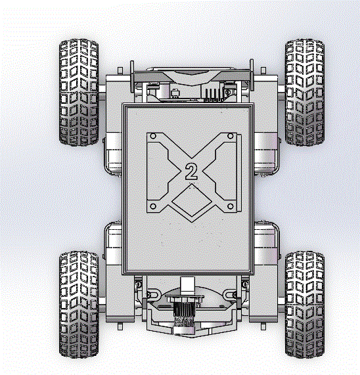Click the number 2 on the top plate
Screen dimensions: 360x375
coord(191,171)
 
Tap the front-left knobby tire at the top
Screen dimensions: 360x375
coord(79,93)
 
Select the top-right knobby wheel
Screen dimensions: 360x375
coord(305,93)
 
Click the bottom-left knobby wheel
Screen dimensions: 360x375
coord(79,305)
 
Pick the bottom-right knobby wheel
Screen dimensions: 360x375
coord(305,305)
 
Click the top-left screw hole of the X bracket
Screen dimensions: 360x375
coord(153,136)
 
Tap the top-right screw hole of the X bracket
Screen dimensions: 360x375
coord(230,136)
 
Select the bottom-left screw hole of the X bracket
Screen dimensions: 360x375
coord(153,206)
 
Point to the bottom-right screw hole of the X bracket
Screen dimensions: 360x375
coord(230,206)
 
